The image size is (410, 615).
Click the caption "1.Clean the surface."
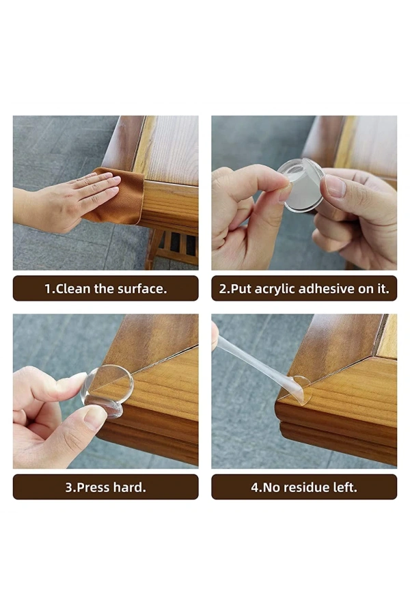point(105,288)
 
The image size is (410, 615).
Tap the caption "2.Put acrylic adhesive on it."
point(303,288)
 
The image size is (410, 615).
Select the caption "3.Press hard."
point(105,487)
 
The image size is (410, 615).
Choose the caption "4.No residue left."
point(303,487)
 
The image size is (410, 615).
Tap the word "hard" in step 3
point(130,487)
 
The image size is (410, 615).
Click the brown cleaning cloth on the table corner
point(120,198)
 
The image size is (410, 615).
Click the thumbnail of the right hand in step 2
point(336,186)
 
